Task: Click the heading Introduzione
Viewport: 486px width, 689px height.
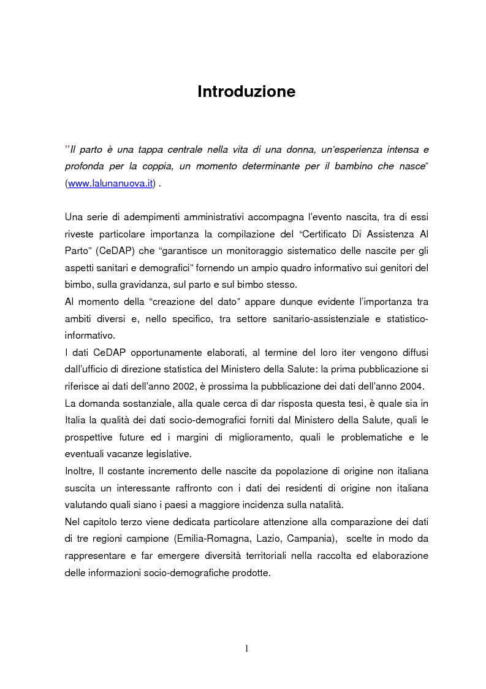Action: [246, 92]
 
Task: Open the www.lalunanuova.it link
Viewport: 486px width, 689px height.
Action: [110, 184]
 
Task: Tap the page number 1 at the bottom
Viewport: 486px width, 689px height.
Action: [246, 649]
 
